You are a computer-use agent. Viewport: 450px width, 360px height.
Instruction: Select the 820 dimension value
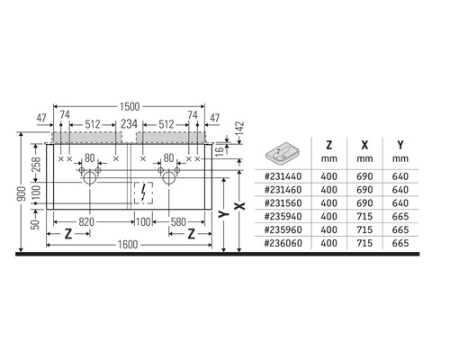(x=87, y=221)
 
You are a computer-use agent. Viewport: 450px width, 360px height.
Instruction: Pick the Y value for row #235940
(x=395, y=217)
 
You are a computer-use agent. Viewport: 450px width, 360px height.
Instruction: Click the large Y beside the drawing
(x=220, y=214)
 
